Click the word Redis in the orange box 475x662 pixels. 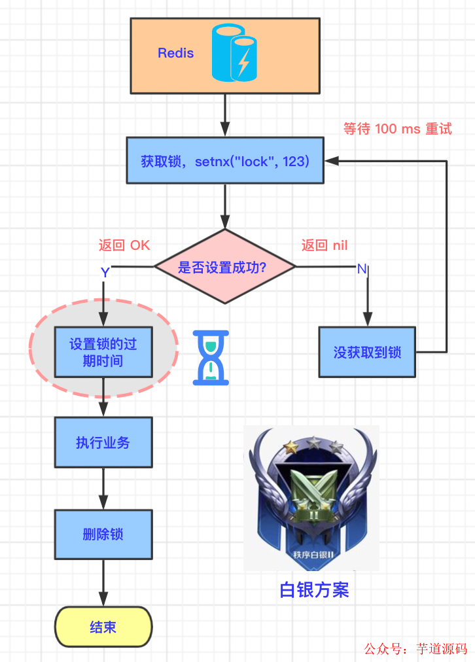pyautogui.click(x=175, y=53)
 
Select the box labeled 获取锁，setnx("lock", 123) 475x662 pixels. pyautogui.click(x=224, y=160)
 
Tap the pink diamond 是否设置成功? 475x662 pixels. pyautogui.click(x=225, y=267)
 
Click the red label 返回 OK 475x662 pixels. pyautogui.click(x=124, y=245)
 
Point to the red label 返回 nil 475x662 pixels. pyautogui.click(x=325, y=245)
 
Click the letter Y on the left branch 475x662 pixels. pyautogui.click(x=105, y=272)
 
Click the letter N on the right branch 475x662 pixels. pyautogui.click(x=362, y=269)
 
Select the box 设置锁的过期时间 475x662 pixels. pyautogui.click(x=103, y=352)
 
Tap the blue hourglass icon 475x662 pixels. pyautogui.click(x=211, y=357)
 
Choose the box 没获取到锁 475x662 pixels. pyautogui.click(x=367, y=353)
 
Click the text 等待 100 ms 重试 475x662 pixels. pyautogui.click(x=397, y=128)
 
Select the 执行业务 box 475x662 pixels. pyautogui.click(x=103, y=443)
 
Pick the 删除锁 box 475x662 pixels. pyautogui.click(x=103, y=534)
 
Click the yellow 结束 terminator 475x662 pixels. pyautogui.click(x=103, y=627)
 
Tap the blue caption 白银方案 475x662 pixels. pyautogui.click(x=314, y=590)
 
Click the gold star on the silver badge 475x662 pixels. pyautogui.click(x=289, y=447)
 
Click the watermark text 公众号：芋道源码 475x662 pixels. pyautogui.click(x=415, y=649)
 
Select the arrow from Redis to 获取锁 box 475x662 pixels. pyautogui.click(x=225, y=114)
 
